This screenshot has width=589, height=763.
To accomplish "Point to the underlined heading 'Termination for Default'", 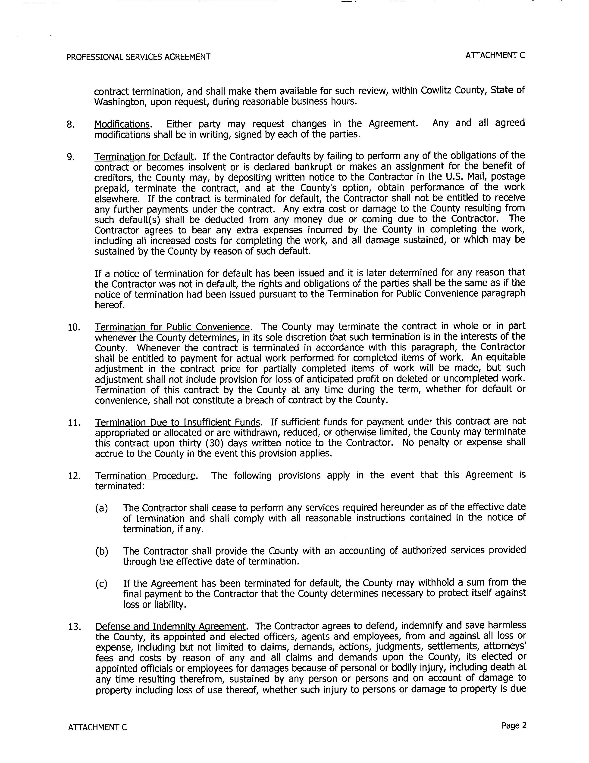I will pos(144,157).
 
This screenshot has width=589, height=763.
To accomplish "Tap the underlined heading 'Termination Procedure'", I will pos(145,476).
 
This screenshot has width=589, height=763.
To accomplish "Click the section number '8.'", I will pos(70,125).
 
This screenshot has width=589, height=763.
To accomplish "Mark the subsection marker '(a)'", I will pos(101,508).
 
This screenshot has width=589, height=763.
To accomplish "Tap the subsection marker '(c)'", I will pos(101,584).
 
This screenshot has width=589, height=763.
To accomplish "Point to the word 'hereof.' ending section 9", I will pos(110,305).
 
